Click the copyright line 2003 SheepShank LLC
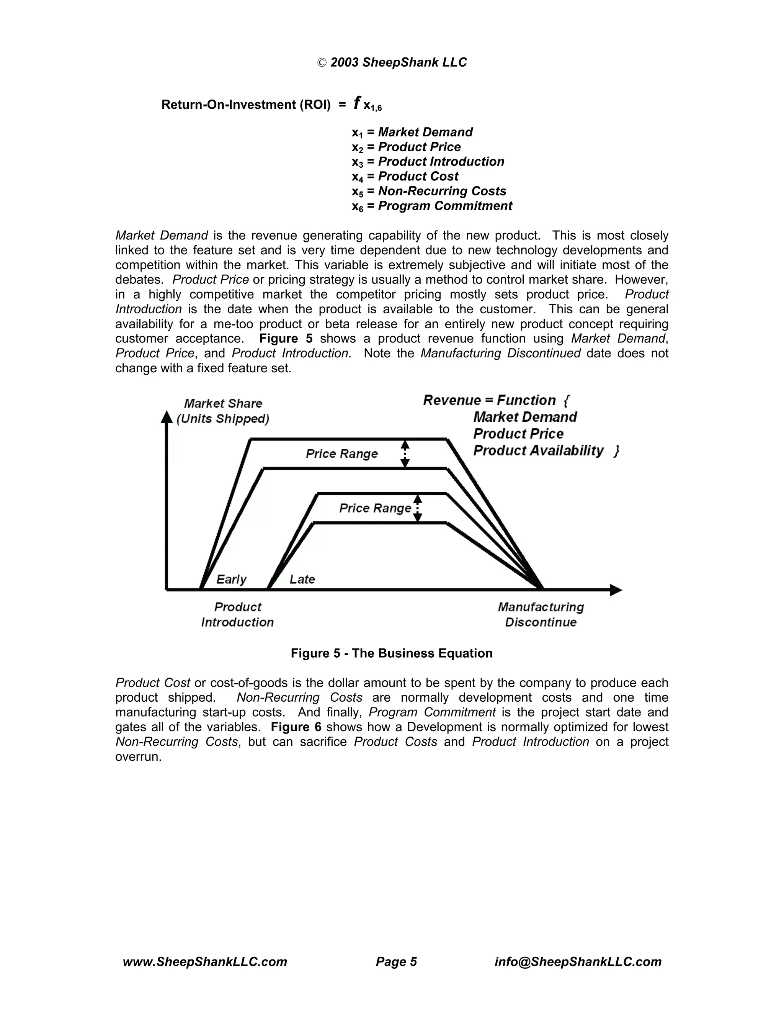[x=392, y=62]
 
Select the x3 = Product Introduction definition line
[x=427, y=162]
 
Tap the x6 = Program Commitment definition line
[x=431, y=206]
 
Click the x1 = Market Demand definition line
[x=412, y=133]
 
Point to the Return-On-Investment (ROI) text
[x=246, y=105]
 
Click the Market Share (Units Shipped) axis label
[x=223, y=411]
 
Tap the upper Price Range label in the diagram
[x=341, y=453]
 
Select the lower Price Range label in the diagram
[x=375, y=508]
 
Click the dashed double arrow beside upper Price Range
[x=405, y=453]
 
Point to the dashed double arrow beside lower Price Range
[x=418, y=508]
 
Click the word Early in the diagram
[x=231, y=579]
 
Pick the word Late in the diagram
[x=302, y=579]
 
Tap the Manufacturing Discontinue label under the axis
[x=541, y=614]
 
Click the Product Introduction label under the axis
[x=237, y=614]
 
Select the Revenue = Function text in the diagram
[x=490, y=400]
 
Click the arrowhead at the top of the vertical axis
[x=166, y=417]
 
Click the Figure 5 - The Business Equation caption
[x=392, y=653]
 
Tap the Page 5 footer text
[x=396, y=961]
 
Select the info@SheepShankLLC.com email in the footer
[x=578, y=961]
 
